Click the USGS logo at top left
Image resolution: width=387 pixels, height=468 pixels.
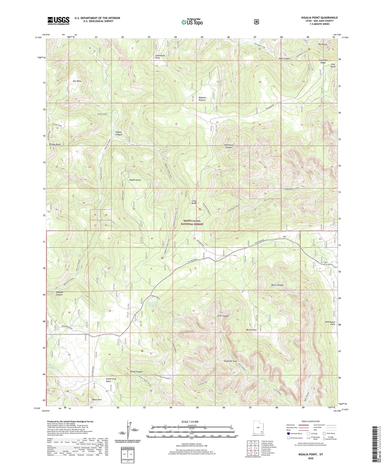point(58,21)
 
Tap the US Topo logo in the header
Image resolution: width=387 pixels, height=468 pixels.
point(192,22)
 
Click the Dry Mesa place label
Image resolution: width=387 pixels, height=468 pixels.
point(77,81)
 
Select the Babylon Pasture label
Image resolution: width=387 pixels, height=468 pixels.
point(202,99)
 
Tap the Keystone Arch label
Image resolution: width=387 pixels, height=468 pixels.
point(230,361)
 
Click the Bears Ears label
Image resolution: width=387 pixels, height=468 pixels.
point(97,400)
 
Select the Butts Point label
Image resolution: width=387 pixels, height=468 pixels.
point(251,330)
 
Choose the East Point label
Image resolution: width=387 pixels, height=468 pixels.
point(333,65)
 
